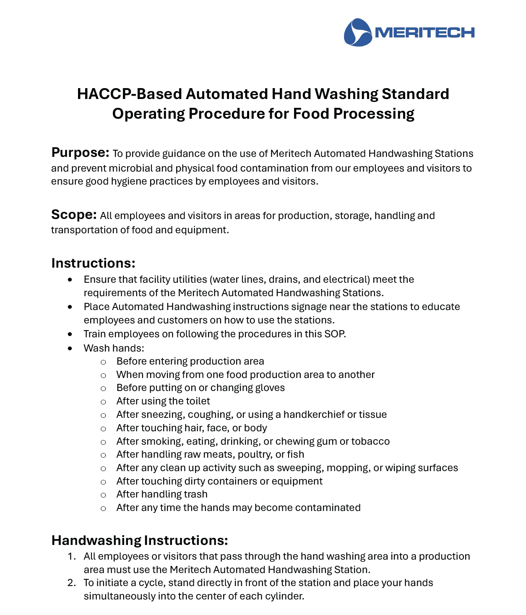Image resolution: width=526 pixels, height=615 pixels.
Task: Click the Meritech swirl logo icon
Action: pyautogui.click(x=357, y=32)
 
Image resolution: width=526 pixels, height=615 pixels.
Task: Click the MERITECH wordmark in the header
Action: pyautogui.click(x=424, y=33)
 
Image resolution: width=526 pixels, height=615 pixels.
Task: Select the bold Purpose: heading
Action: pyautogui.click(x=80, y=153)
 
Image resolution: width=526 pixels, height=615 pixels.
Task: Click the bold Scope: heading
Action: pyautogui.click(x=74, y=215)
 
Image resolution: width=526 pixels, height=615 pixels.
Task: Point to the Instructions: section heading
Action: pyautogui.click(x=93, y=263)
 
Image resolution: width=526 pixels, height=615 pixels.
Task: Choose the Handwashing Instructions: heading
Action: pyautogui.click(x=139, y=540)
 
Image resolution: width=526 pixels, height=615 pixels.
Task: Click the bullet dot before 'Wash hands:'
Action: pyautogui.click(x=70, y=348)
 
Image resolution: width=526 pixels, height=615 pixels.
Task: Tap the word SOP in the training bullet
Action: pyautogui.click(x=336, y=334)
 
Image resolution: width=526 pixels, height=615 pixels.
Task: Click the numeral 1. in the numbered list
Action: pyautogui.click(x=72, y=556)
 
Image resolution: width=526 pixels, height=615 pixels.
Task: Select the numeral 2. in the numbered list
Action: pyautogui.click(x=72, y=583)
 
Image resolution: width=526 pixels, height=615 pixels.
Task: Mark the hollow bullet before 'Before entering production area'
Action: pyautogui.click(x=103, y=362)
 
